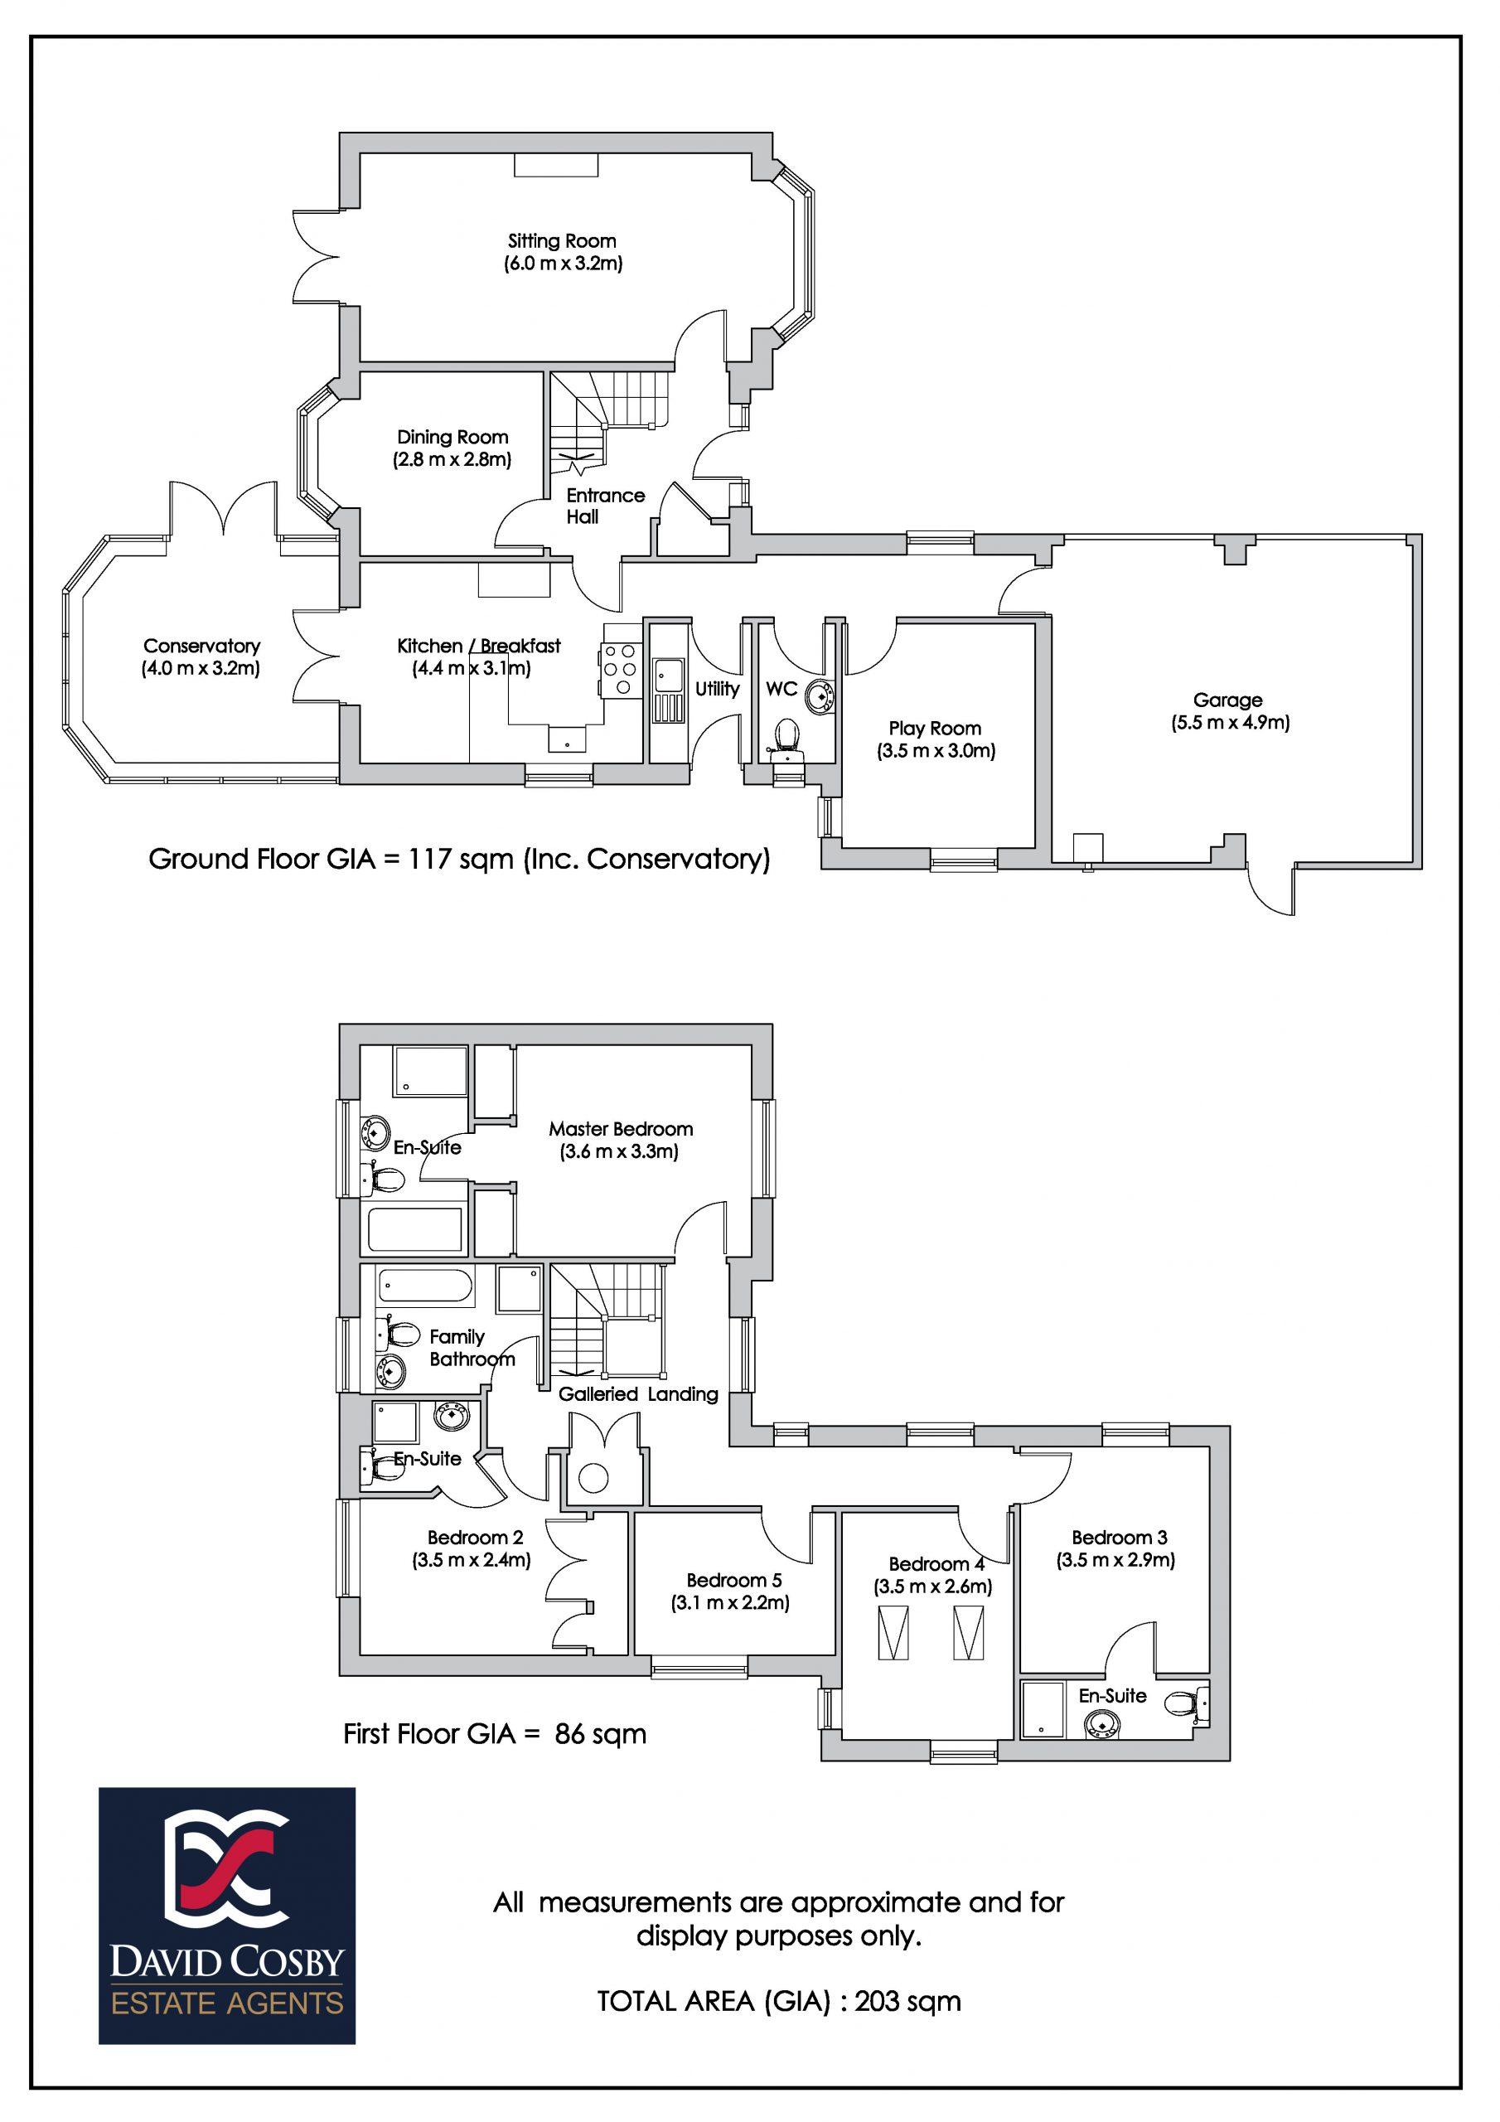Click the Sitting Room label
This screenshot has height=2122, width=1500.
tap(561, 241)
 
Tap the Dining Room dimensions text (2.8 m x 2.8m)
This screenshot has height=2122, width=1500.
tap(452, 459)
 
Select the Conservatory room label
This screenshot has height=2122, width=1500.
tap(201, 646)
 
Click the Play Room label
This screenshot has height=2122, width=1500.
tap(936, 729)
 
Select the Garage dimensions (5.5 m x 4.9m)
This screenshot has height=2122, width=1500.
tap(1227, 723)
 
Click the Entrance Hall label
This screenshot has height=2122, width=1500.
tap(605, 506)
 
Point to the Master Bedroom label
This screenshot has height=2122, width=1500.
tap(620, 1128)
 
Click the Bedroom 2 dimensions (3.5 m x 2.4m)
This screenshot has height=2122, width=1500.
tap(472, 1560)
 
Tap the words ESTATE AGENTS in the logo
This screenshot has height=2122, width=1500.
tap(227, 2003)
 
